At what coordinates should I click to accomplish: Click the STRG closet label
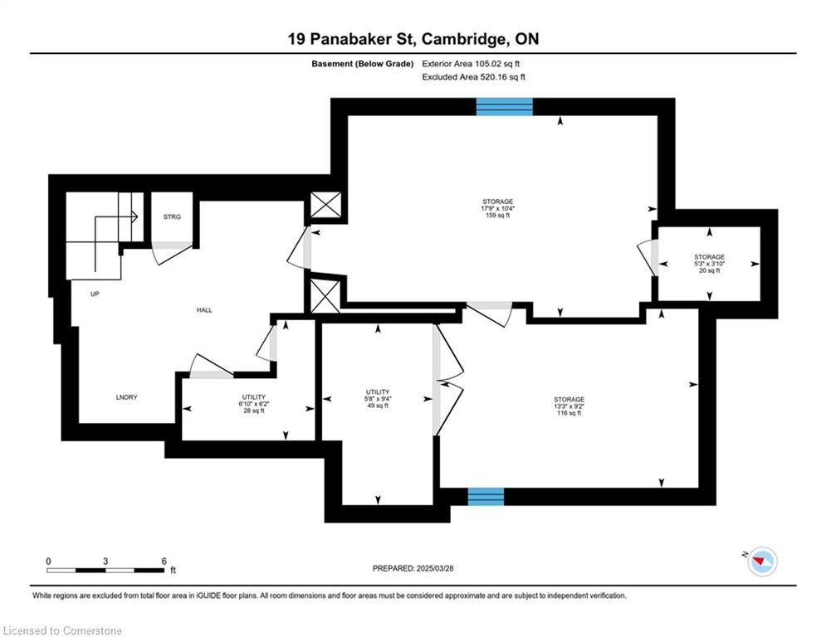[172, 217]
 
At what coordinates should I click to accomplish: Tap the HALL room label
[204, 310]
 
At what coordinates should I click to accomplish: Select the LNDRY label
[126, 397]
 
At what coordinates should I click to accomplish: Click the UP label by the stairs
[95, 294]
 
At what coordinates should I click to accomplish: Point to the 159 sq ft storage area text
[498, 216]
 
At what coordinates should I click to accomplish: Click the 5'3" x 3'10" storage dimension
[710, 264]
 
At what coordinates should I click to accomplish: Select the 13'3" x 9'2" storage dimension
[569, 406]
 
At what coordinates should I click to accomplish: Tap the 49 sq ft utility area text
[378, 406]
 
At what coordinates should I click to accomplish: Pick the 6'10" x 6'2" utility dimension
[254, 404]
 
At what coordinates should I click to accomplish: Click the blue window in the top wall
[505, 106]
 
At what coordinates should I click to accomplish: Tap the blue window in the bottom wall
[486, 497]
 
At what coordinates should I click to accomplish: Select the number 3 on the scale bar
[105, 562]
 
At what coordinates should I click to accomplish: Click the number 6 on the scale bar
[164, 562]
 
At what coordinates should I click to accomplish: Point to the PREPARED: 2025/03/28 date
[413, 568]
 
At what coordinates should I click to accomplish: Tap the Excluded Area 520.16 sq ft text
[473, 77]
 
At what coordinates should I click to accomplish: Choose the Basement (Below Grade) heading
[363, 64]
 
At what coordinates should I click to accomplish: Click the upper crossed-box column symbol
[325, 205]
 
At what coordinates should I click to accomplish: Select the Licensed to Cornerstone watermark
[62, 630]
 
